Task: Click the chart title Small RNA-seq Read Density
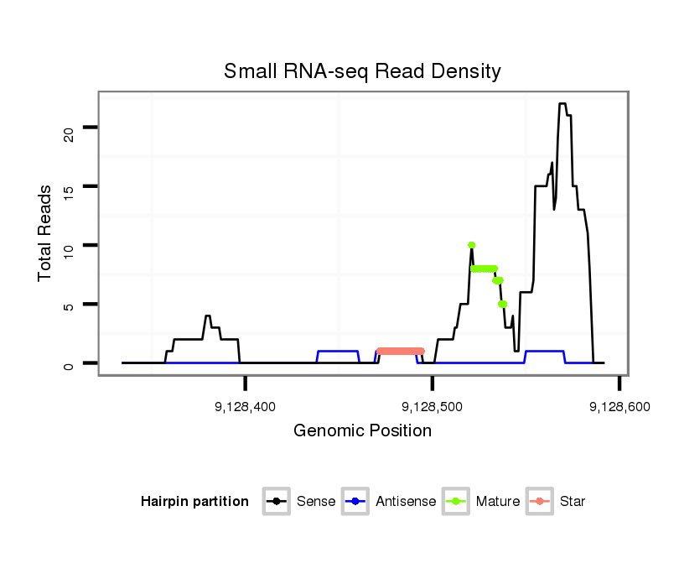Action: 362,71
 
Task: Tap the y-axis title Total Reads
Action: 45,233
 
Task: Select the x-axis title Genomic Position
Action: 362,431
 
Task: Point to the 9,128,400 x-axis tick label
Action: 246,407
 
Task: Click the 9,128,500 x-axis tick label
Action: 433,407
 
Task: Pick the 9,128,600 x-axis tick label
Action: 619,407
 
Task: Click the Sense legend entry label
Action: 316,502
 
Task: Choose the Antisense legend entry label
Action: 406,502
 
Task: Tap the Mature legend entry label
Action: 498,502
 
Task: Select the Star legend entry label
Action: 573,502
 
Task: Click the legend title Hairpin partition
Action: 194,502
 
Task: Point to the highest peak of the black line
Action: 562,104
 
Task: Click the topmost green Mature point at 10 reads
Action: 472,245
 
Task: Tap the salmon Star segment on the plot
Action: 401,351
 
